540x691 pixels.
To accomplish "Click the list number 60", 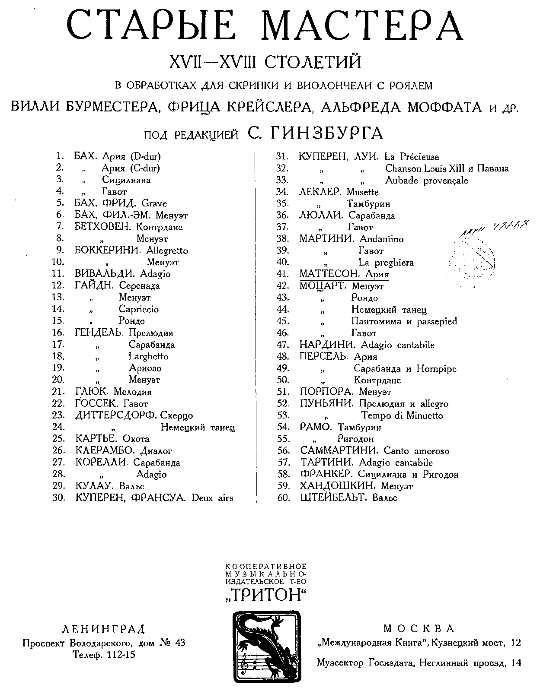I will tap(283, 498).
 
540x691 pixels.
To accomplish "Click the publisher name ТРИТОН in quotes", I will tap(265, 595).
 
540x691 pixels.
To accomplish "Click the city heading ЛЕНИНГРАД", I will tap(104, 628).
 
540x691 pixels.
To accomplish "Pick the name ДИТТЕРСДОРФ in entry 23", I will tap(116, 415).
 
